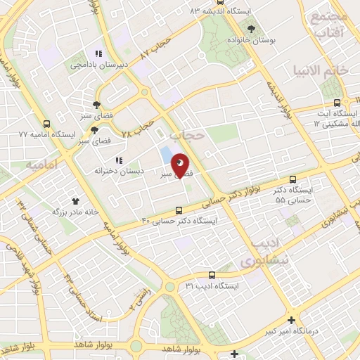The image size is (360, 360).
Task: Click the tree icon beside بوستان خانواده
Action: pos(252,28)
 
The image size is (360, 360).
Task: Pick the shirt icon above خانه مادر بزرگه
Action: pos(75,200)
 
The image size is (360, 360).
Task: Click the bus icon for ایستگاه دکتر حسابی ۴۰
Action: pos(179,210)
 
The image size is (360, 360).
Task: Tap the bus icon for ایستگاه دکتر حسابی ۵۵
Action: pos(293,179)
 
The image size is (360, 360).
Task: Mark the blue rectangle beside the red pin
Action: pos(165,155)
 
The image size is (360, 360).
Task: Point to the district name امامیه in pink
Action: pos(40,164)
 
